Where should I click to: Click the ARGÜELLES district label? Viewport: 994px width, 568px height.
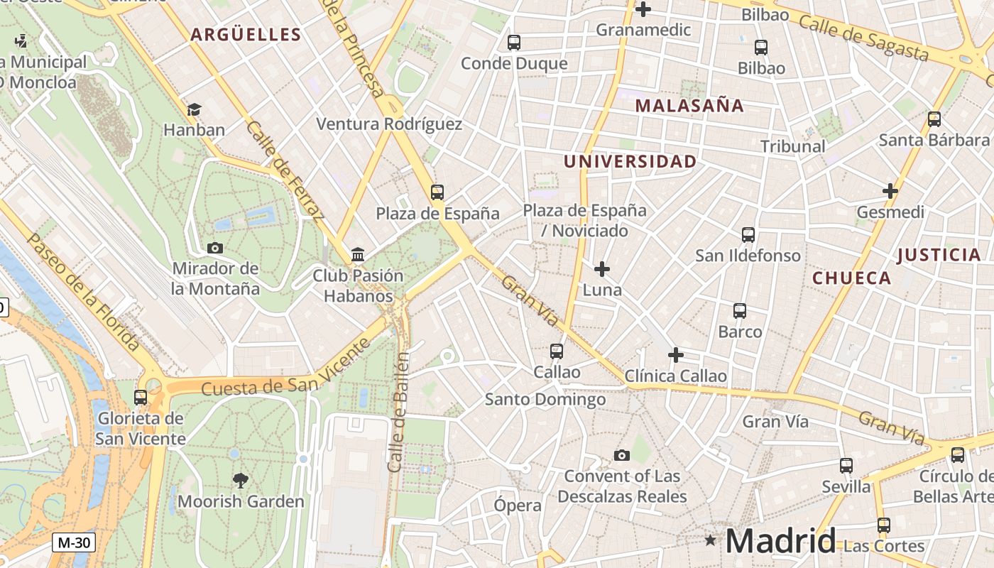[246, 34]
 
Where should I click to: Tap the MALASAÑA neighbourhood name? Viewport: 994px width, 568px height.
[689, 106]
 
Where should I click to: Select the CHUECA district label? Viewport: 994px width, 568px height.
[851, 278]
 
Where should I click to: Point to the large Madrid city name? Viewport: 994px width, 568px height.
[780, 541]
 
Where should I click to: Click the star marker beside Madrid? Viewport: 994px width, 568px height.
[710, 540]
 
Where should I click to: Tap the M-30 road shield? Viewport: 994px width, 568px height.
[73, 542]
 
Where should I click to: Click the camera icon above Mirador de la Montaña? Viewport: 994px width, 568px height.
[214, 248]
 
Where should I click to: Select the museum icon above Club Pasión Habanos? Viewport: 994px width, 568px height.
[358, 255]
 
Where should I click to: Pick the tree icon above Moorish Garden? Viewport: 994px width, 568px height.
[241, 481]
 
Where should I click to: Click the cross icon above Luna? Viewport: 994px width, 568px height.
[602, 269]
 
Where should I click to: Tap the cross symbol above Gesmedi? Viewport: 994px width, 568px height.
[890, 191]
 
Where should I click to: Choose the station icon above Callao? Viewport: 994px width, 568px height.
[557, 351]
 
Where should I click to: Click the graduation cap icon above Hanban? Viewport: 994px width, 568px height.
[194, 109]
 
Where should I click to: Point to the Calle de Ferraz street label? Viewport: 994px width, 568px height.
[285, 170]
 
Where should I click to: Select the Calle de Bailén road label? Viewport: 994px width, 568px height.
[399, 412]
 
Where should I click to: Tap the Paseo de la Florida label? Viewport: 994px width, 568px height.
[83, 290]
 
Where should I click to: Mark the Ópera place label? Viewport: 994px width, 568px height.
[518, 506]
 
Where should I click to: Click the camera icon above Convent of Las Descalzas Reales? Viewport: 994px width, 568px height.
[622, 455]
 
